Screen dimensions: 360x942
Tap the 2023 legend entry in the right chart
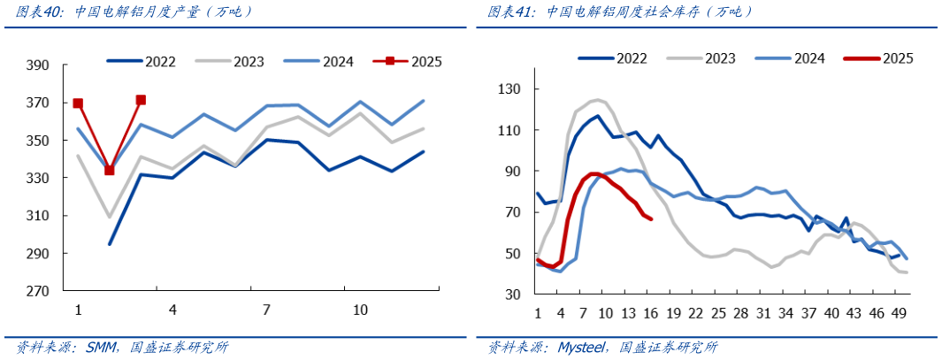(721, 58)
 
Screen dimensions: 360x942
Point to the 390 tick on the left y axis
(38, 66)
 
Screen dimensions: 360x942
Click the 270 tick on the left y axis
(38, 291)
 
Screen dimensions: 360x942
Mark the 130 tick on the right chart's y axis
(510, 89)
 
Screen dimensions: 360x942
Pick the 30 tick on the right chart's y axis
(514, 295)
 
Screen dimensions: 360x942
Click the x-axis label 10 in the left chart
(360, 310)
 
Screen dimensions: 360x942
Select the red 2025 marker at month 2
(110, 170)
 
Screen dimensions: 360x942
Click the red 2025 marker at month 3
(141, 100)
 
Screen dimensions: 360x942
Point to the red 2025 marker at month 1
(78, 103)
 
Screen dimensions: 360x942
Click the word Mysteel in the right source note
(581, 348)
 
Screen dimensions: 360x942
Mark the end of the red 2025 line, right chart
(651, 218)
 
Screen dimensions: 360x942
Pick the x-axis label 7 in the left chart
(266, 310)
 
